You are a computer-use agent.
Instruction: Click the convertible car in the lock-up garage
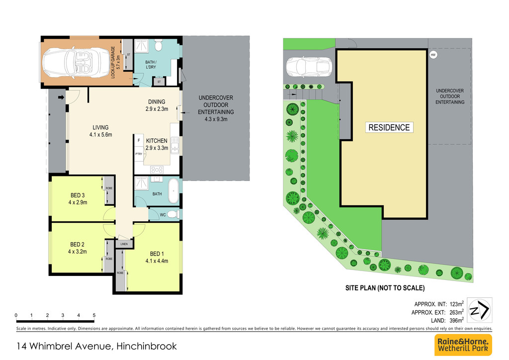(76, 63)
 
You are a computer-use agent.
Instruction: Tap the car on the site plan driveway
(309, 67)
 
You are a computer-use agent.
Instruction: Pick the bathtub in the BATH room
(173, 190)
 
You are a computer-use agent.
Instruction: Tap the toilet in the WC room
(173, 214)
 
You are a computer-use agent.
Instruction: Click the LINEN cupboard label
(124, 244)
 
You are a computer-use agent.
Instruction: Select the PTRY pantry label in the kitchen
(139, 154)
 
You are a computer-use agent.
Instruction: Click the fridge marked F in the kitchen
(139, 141)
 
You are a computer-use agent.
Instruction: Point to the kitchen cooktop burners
(157, 170)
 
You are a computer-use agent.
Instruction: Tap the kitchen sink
(174, 145)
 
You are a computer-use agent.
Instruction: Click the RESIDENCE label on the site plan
(389, 128)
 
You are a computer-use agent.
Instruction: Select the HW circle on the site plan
(433, 55)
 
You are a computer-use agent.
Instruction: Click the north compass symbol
(480, 310)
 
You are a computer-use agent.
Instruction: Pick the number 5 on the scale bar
(94, 315)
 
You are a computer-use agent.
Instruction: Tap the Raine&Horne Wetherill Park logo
(463, 345)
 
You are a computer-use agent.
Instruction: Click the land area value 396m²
(456, 320)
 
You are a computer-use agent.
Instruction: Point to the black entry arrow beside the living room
(61, 97)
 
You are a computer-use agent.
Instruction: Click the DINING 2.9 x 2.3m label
(157, 105)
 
